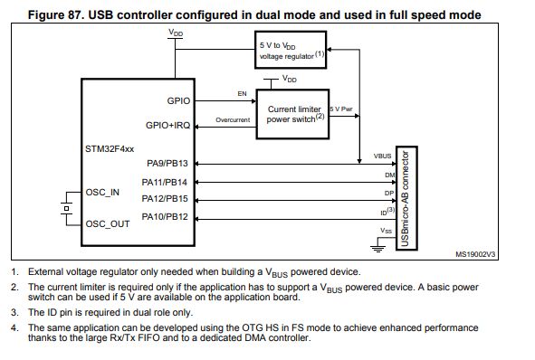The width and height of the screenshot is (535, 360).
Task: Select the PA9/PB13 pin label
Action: [x=167, y=164]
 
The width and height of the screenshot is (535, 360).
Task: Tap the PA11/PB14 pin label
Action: [x=167, y=182]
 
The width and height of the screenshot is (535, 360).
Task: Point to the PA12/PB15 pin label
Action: [x=167, y=198]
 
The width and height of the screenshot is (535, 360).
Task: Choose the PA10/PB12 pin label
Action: [x=167, y=216]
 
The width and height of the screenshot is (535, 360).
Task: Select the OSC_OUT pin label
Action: [x=108, y=223]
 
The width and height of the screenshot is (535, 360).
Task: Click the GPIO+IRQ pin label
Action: [x=168, y=125]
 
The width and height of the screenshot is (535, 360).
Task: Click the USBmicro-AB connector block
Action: [x=408, y=196]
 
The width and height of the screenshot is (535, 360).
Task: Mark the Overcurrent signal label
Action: [x=233, y=119]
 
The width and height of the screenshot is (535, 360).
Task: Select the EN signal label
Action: [x=241, y=93]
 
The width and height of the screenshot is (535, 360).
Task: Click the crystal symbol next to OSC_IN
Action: [x=65, y=207]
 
